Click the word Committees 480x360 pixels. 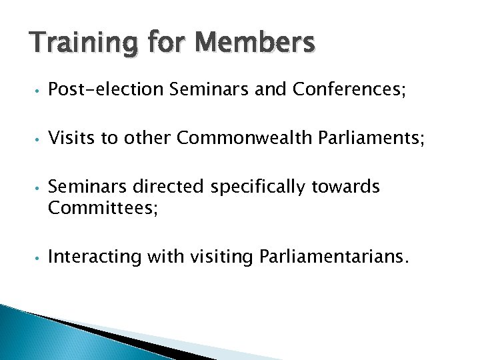(x=103, y=208)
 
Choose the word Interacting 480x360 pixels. (x=95, y=257)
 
